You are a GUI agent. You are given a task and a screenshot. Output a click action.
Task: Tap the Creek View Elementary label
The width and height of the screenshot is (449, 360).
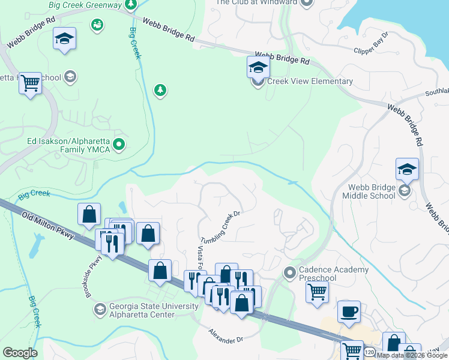click(x=310, y=82)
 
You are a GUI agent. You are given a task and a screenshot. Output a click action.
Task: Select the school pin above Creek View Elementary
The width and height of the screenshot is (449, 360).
click(x=258, y=67)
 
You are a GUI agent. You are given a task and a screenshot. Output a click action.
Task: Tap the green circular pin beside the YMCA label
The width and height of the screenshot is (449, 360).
click(x=119, y=144)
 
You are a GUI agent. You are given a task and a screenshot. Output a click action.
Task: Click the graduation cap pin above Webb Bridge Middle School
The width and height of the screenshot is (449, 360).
click(x=407, y=169)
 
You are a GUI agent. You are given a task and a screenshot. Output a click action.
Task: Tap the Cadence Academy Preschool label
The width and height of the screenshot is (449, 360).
click(x=334, y=274)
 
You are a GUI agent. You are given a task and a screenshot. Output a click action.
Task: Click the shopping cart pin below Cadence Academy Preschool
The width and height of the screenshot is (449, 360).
click(x=317, y=293)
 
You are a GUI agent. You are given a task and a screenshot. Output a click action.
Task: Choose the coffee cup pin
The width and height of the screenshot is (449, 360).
click(x=349, y=311)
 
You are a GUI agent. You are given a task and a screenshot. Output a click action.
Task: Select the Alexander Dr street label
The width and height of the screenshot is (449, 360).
click(x=225, y=336)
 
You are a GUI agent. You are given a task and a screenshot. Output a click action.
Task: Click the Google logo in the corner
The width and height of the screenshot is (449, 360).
click(x=20, y=353)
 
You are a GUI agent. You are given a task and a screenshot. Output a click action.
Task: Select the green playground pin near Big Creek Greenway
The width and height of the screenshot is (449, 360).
click(x=96, y=24)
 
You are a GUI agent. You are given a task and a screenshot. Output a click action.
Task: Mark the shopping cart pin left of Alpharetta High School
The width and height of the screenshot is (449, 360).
click(x=29, y=83)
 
